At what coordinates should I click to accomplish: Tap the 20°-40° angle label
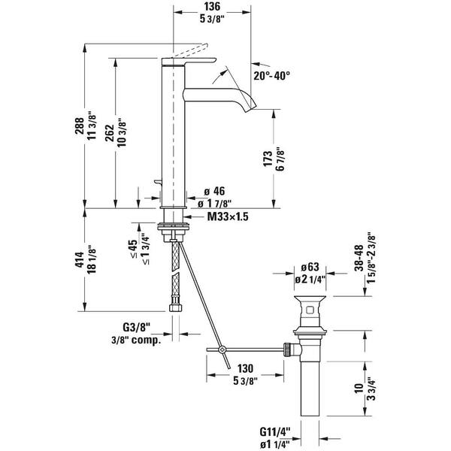pos(271,76)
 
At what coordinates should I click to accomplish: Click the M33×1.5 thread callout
pos(228,217)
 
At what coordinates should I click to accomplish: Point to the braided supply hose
pos(175,271)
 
